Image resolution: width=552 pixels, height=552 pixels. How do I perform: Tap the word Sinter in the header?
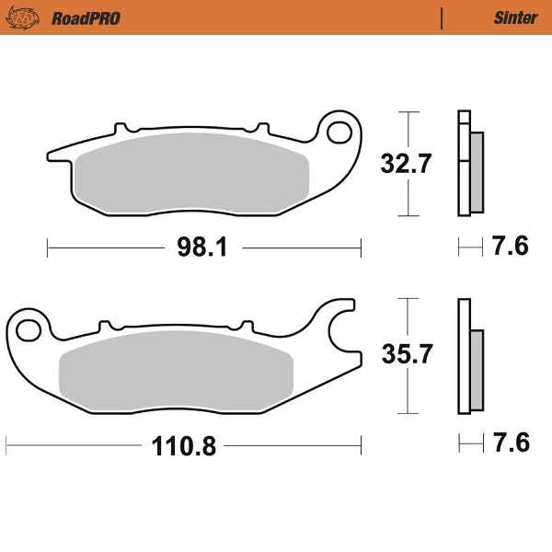(x=515, y=18)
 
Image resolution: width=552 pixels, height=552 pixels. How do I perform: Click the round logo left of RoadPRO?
(x=30, y=18)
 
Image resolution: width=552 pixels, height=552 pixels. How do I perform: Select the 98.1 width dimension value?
(x=203, y=247)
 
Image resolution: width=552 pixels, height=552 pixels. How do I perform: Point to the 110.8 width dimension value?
(x=183, y=447)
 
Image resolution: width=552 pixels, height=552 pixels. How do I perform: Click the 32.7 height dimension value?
(x=406, y=166)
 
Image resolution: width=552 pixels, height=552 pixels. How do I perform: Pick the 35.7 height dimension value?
(x=406, y=354)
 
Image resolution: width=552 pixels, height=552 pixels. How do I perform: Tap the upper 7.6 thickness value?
(x=511, y=247)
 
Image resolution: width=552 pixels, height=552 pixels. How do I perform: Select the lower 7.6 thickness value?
(x=511, y=445)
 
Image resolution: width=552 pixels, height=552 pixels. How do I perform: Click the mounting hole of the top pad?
(x=342, y=130)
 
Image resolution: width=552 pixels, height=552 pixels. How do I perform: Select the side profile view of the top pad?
(x=469, y=164)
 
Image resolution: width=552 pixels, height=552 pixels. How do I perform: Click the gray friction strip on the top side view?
(x=477, y=170)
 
